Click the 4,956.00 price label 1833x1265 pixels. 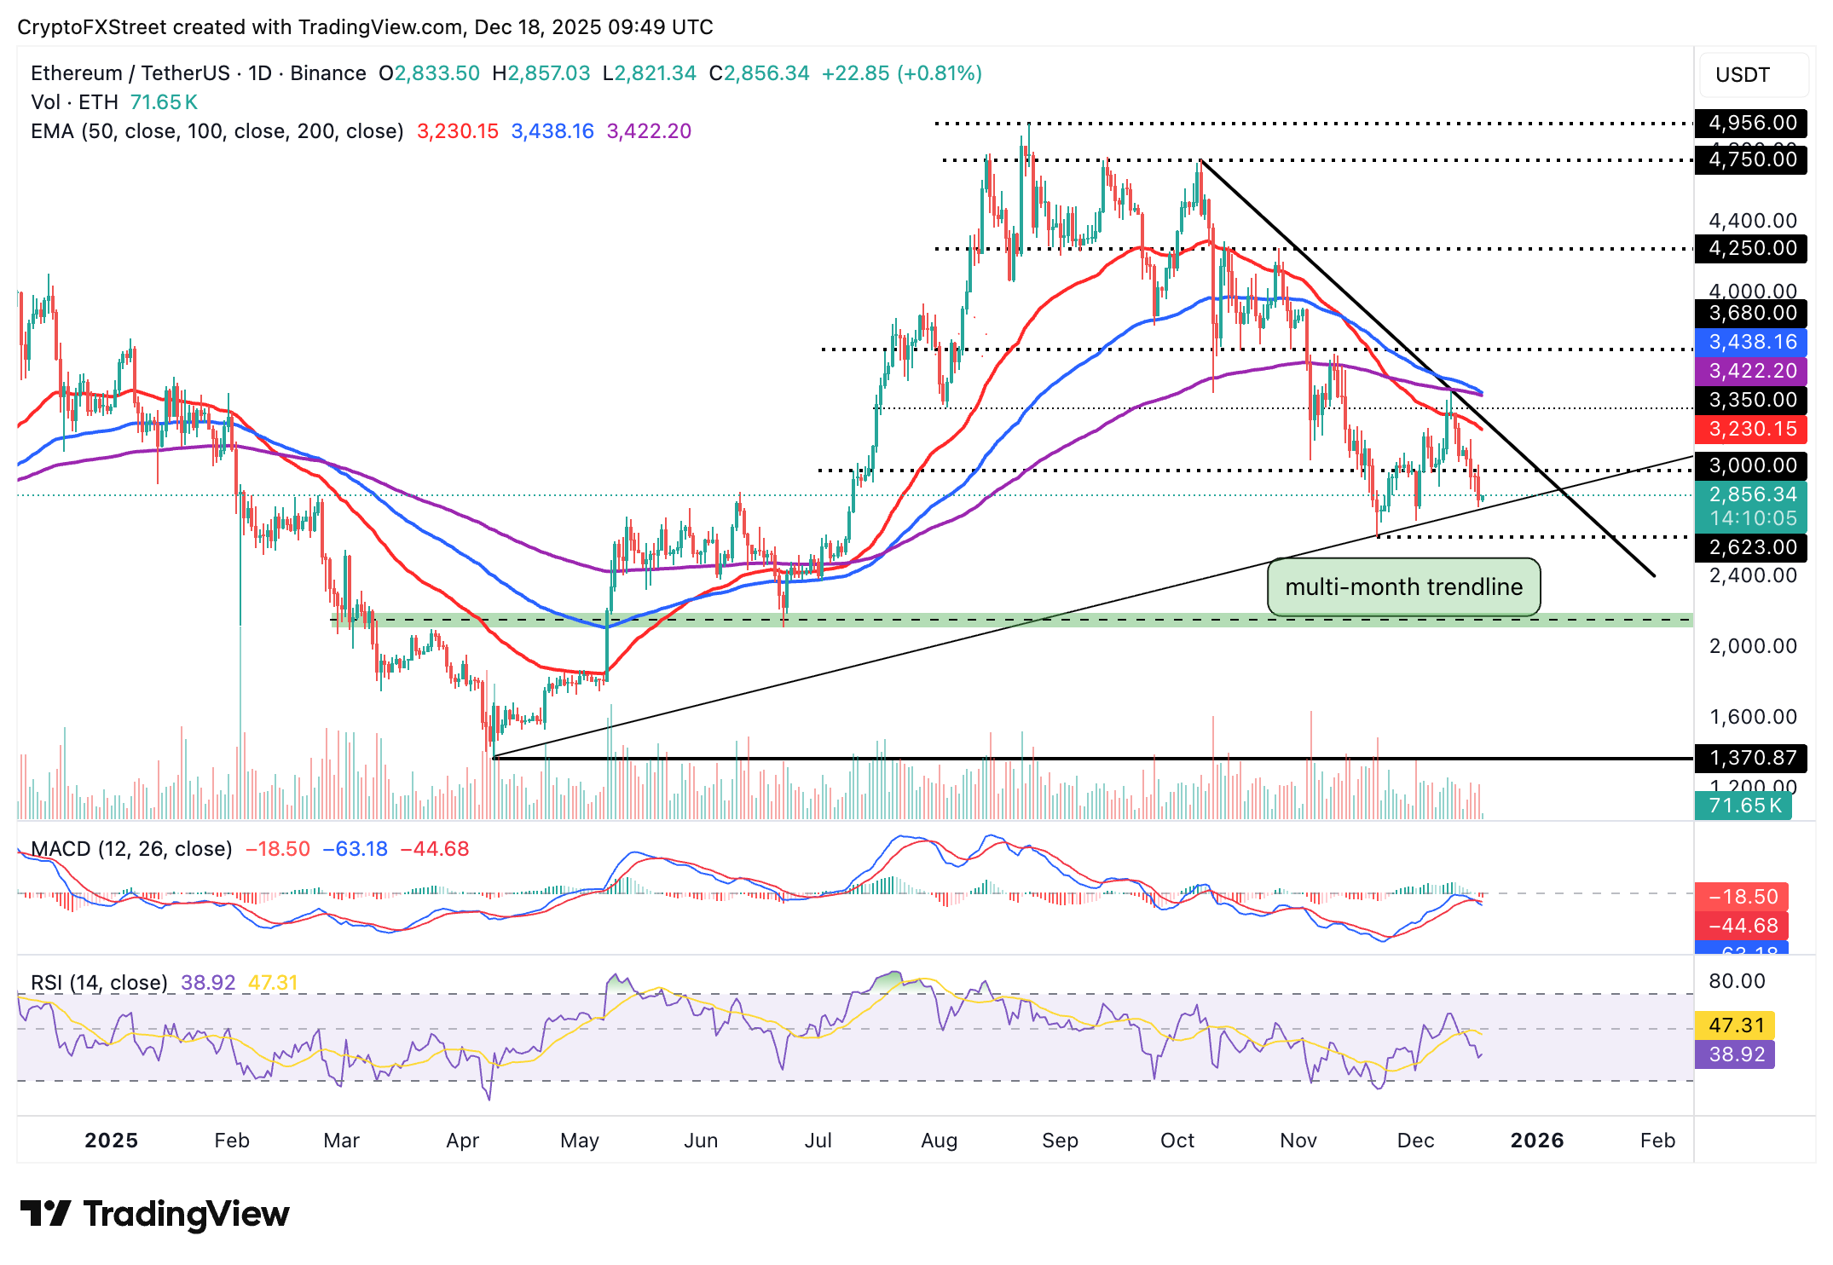point(1751,123)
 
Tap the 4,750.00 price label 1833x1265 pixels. point(1751,159)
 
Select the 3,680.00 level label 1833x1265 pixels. point(1751,313)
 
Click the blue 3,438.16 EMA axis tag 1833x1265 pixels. point(1751,342)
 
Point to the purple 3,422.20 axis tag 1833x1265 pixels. point(1751,371)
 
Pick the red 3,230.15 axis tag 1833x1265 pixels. point(1751,429)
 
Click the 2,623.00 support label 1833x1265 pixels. point(1751,547)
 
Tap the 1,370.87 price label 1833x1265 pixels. point(1751,758)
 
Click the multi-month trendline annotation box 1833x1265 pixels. point(1403,586)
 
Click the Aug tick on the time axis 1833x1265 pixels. point(939,1141)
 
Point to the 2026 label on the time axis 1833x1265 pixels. point(1536,1141)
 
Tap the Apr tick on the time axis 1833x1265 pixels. point(462,1141)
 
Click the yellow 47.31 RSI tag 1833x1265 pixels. point(1735,1025)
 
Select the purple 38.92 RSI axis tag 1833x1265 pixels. point(1735,1054)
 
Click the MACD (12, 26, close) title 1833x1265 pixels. point(131,849)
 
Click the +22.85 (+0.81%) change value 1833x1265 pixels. point(901,73)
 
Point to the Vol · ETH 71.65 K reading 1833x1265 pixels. point(114,102)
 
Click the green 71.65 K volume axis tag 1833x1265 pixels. point(1743,806)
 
